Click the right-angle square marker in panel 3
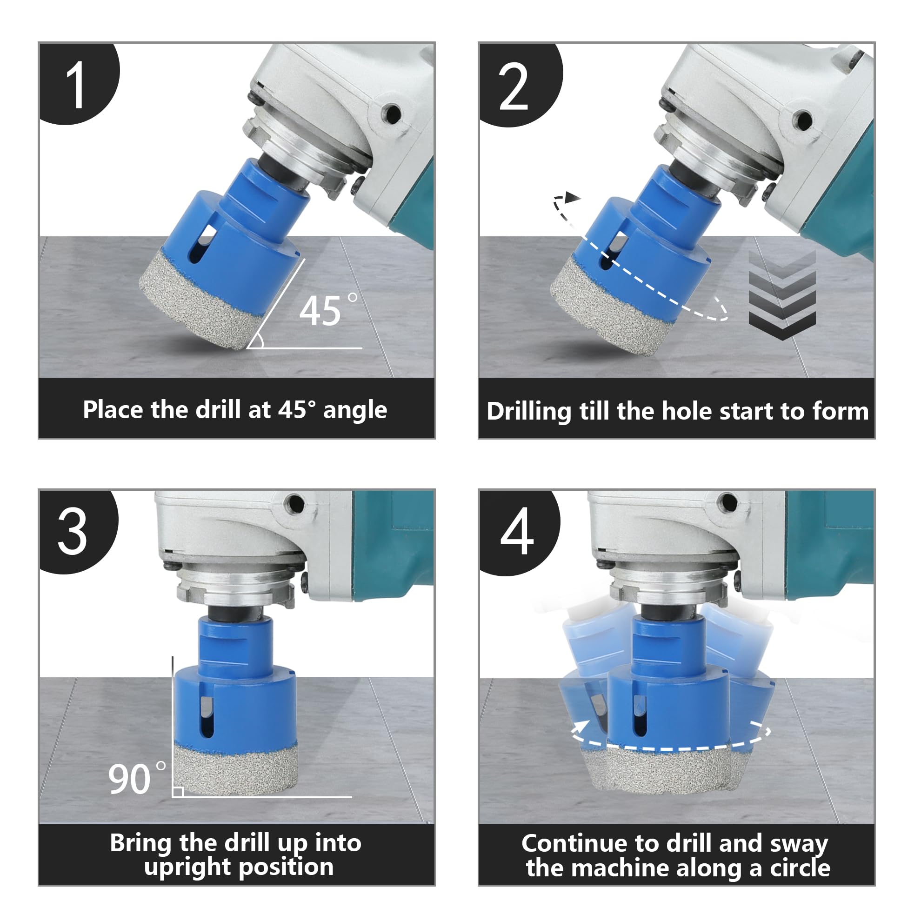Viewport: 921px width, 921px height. click(x=178, y=792)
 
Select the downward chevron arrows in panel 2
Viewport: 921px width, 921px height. click(x=782, y=295)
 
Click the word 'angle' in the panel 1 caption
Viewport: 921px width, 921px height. click(x=355, y=410)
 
